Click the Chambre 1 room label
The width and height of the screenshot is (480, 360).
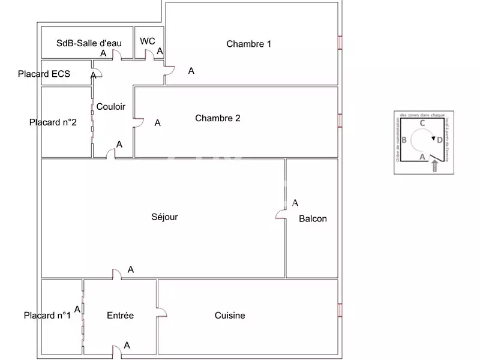pyautogui.click(x=248, y=44)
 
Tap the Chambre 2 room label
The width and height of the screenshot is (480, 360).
pyautogui.click(x=218, y=118)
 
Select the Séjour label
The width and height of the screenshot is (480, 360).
pyautogui.click(x=164, y=217)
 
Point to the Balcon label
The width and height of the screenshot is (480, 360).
pyautogui.click(x=313, y=218)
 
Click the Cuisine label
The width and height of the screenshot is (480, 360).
pyautogui.click(x=230, y=316)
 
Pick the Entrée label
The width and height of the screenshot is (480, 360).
pyautogui.click(x=120, y=316)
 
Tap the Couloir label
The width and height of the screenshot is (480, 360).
pyautogui.click(x=111, y=107)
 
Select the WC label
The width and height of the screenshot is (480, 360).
pyautogui.click(x=148, y=41)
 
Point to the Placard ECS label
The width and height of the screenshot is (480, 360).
pyautogui.click(x=44, y=74)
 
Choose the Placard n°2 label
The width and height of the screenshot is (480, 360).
pyautogui.click(x=53, y=122)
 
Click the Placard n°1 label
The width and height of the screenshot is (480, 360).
pyautogui.click(x=47, y=316)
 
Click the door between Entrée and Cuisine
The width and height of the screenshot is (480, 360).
pyautogui.click(x=161, y=313)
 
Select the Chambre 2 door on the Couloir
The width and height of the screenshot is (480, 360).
pyautogui.click(x=139, y=123)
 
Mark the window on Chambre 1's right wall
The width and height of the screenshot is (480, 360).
pyautogui.click(x=340, y=43)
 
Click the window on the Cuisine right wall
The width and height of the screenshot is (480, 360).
pyautogui.click(x=340, y=310)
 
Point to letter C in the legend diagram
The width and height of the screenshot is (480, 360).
pyautogui.click(x=422, y=123)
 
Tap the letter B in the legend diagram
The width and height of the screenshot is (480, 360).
pyautogui.click(x=404, y=140)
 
